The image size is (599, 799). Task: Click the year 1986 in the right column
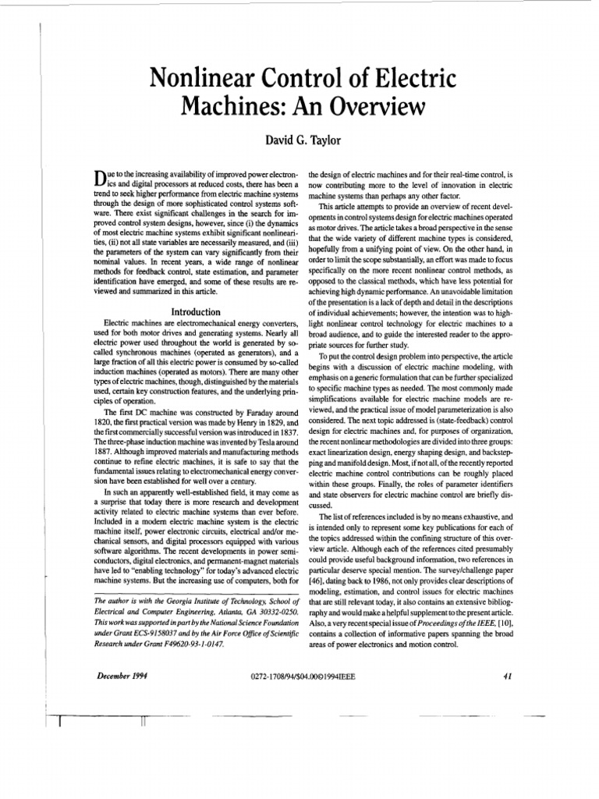pyautogui.click(x=390, y=582)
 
